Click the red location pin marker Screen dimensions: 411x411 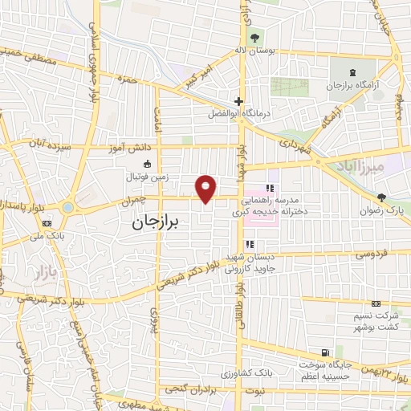click(206, 189)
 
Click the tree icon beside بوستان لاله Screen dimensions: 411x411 click(255, 37)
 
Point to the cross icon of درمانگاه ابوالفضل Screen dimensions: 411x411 click(238, 101)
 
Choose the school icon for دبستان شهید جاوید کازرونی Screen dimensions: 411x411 click(250, 244)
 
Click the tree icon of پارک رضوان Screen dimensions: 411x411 click(382, 197)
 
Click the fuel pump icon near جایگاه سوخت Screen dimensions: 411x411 click(324, 352)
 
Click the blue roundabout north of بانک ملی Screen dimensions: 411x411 click(67, 207)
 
